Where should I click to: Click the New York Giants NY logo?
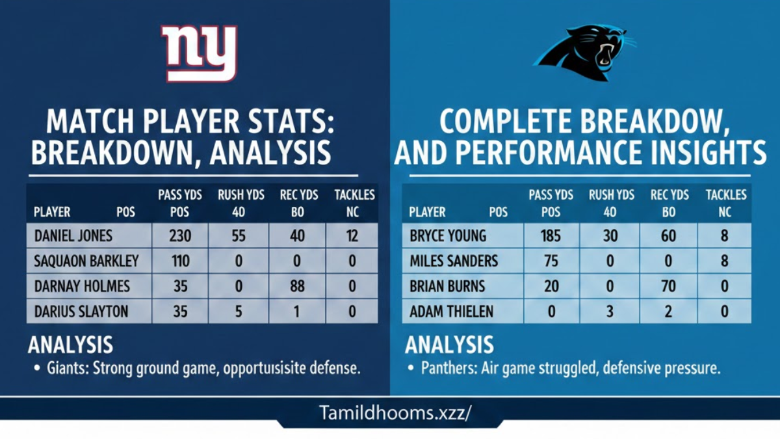point(200,53)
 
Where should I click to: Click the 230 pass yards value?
point(180,237)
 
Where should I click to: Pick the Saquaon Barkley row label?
point(86,261)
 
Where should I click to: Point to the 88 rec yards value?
point(297,287)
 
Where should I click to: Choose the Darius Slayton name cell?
point(81,312)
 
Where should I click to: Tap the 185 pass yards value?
point(551,237)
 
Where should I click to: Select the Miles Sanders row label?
point(454,261)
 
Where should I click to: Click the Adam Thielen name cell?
point(451,312)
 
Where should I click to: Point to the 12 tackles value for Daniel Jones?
point(352,237)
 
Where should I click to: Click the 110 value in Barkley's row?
point(180,261)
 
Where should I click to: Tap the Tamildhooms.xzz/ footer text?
point(395,413)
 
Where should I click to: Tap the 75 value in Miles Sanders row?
point(551,261)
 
